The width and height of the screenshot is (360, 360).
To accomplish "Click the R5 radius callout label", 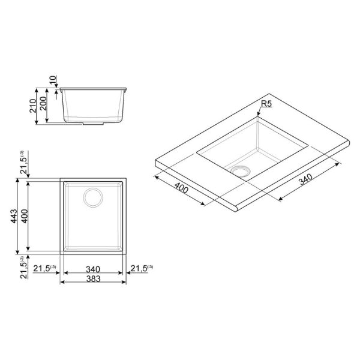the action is point(266,104).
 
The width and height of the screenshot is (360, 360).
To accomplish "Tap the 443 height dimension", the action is point(14,216).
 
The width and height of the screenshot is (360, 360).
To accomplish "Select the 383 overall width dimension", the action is point(93,279).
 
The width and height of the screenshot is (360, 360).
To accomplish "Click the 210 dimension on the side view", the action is point(33,106).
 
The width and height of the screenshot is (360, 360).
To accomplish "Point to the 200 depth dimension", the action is point(43,103).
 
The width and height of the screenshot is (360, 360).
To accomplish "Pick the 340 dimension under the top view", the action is point(93,269).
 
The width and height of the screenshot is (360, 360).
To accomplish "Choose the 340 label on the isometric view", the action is point(305,179).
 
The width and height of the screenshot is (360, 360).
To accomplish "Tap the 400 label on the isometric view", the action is point(181,188).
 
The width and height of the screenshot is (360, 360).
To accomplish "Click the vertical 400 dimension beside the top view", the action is point(24,216).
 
